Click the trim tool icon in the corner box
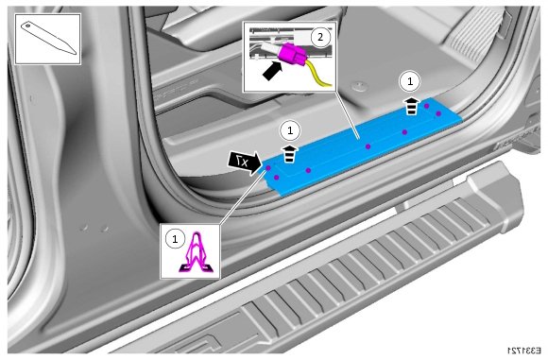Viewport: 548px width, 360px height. click(49, 39)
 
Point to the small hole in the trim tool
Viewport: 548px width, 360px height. click(27, 26)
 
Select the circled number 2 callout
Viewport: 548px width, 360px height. click(320, 36)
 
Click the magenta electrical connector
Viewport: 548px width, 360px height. click(292, 54)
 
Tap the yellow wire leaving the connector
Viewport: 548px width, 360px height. click(317, 75)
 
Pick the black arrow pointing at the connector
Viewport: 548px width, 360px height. click(272, 71)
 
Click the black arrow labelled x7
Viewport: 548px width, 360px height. click(245, 163)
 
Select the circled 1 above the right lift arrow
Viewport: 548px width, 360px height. click(410, 81)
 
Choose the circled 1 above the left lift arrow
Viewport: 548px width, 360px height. click(290, 130)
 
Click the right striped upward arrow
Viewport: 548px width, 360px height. click(412, 106)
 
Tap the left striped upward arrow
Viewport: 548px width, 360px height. click(290, 154)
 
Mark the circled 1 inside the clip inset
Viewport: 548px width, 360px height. click(175, 239)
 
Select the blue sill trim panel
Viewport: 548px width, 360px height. click(364, 146)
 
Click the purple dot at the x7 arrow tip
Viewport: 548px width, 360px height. click(268, 168)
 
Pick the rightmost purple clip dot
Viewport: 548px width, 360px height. click(438, 113)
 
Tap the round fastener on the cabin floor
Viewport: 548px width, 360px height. click(359, 85)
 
